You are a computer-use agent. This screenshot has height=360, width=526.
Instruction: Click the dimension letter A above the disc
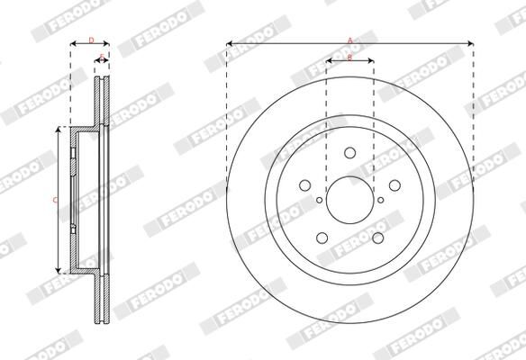(349, 39)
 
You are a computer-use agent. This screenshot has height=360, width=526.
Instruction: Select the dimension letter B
(349, 57)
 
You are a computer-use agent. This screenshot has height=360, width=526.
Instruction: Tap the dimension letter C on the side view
(55, 200)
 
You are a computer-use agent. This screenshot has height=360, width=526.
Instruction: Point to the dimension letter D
(90, 39)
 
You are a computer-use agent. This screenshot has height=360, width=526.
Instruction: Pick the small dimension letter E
(102, 58)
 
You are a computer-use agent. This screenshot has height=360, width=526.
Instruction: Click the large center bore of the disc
(349, 200)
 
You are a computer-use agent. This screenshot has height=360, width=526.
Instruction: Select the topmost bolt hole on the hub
(349, 155)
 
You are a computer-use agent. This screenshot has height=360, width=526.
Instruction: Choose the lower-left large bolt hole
(322, 237)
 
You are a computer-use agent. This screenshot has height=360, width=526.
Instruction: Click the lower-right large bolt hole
(376, 237)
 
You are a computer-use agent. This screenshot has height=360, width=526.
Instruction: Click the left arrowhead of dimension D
(72, 43)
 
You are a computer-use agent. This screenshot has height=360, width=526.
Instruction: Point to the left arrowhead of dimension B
(328, 61)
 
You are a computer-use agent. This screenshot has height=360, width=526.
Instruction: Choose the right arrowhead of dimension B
(371, 61)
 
